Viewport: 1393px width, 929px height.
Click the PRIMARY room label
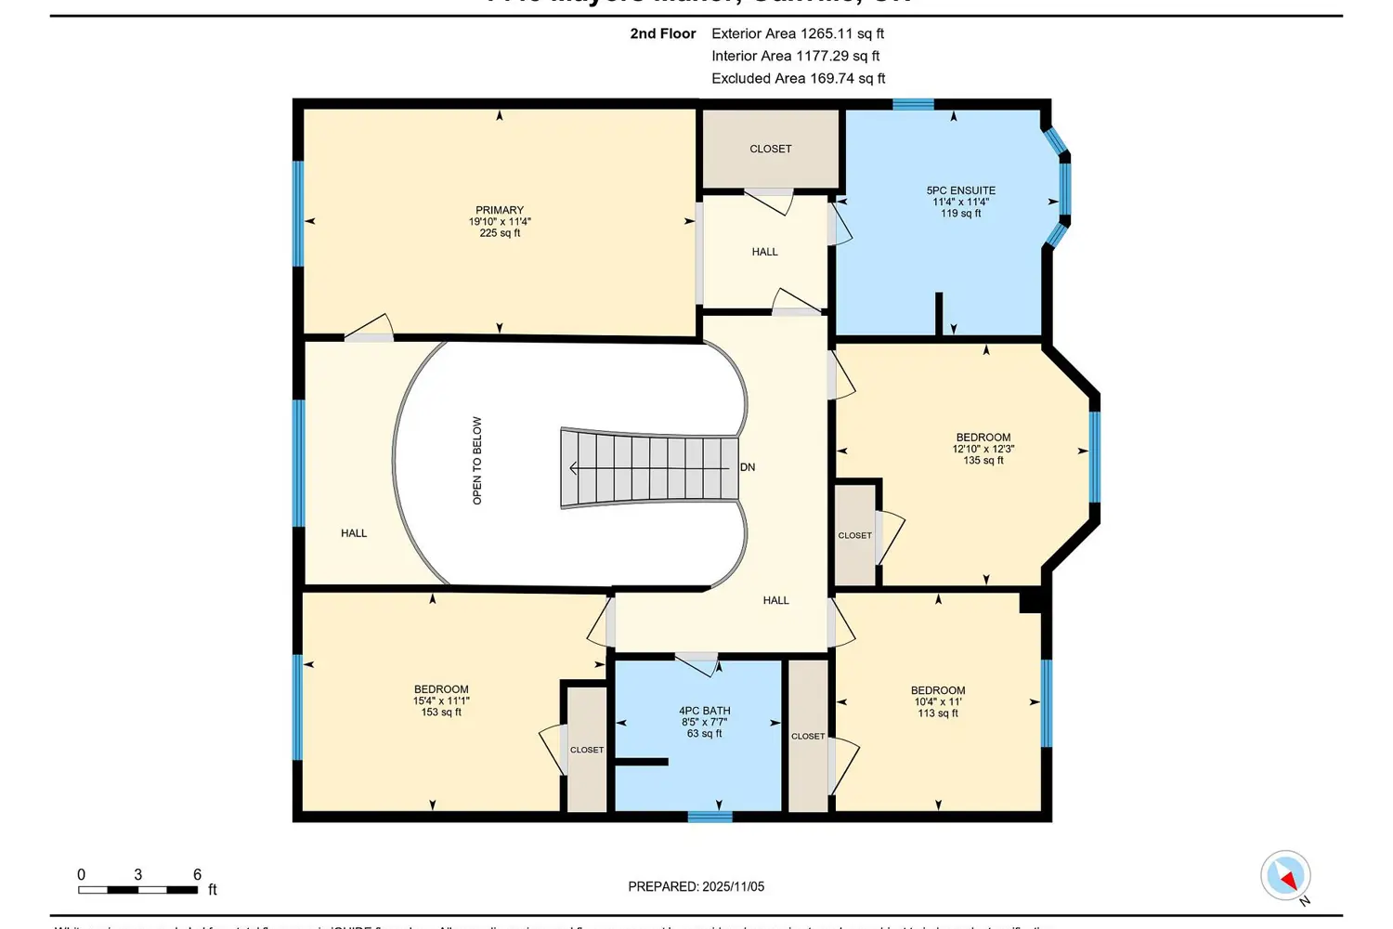[x=500, y=210]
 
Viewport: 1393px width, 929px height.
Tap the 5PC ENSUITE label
[x=960, y=190]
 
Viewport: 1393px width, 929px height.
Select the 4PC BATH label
[x=705, y=711]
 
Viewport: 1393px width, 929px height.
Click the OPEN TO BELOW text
[x=477, y=461]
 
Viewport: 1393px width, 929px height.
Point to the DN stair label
[x=748, y=467]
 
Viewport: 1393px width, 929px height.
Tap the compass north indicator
[x=1286, y=876]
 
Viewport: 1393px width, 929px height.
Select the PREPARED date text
[x=696, y=886]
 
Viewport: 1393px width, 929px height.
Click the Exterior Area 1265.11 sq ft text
[x=797, y=33]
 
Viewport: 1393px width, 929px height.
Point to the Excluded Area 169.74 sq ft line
[x=798, y=78]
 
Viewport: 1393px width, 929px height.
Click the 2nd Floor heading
[x=662, y=33]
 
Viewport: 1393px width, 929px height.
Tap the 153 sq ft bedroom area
[x=441, y=713]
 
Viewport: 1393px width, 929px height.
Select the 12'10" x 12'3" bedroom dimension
[x=983, y=449]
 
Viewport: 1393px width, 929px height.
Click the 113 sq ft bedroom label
[x=938, y=713]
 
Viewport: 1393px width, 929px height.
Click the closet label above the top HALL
[x=770, y=149]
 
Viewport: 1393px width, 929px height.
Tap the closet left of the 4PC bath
[x=586, y=750]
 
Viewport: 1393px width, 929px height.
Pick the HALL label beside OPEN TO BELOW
[x=354, y=533]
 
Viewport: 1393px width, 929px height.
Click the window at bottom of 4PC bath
[x=710, y=817]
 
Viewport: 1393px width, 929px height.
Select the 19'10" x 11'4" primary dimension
[x=500, y=222]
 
